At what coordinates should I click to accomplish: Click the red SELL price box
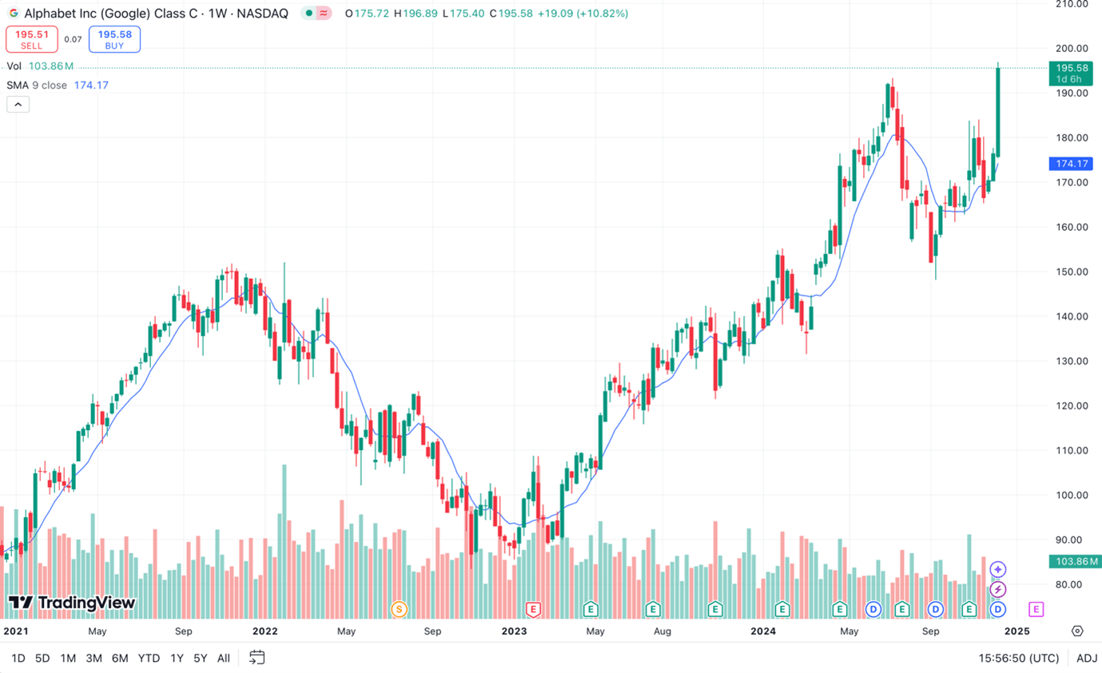point(32,39)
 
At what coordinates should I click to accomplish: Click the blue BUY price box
point(114,39)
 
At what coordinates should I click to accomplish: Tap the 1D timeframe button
point(18,658)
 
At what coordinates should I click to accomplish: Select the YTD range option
point(149,658)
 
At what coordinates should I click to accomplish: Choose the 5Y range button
point(200,658)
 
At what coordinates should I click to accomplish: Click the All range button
point(224,658)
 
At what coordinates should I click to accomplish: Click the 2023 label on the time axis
point(514,631)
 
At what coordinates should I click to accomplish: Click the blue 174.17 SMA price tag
point(1072,164)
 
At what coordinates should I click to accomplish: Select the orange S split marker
point(399,610)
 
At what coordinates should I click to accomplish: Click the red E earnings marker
point(533,610)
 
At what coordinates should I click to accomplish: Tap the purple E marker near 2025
point(1036,610)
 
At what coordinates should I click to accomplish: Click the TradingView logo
point(72,603)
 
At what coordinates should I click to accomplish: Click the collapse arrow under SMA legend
point(18,104)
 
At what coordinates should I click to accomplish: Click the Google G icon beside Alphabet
point(14,14)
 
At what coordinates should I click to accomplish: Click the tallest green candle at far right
point(998,112)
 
